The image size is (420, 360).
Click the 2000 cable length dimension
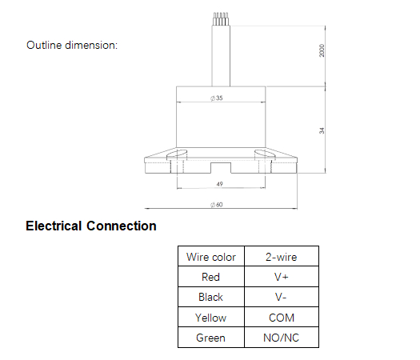pos(322,50)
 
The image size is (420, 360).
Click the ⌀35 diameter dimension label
pos(217,98)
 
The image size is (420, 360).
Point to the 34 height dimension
pos(322,130)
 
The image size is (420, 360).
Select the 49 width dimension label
pos(220,184)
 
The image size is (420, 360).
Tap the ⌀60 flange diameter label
pos(217,205)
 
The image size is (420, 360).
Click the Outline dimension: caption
pos(72,45)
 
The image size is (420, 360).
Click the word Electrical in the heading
pos(54,226)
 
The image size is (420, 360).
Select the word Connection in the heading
pos(122,226)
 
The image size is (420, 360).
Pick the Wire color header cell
pos(211,257)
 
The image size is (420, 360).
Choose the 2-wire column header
pos(282,257)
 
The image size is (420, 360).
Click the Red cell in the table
pos(211,277)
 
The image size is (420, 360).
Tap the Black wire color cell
pos(211,297)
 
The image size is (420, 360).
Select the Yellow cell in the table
pos(211,318)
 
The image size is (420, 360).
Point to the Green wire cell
pos(211,338)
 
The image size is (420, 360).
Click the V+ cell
pos(282,277)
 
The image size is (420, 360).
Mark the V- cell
pos(281,297)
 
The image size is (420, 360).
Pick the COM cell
pos(282,318)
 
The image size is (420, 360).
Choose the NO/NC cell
pos(282,338)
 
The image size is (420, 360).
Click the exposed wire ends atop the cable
pos(221,19)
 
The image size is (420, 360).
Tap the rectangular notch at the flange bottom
pos(221,168)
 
